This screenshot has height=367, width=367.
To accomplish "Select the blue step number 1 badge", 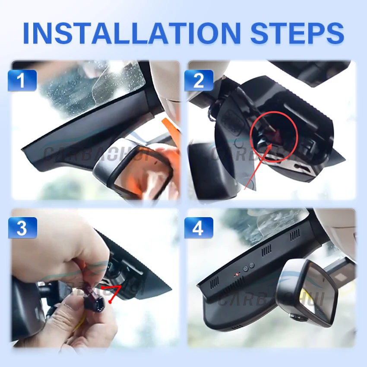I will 22,80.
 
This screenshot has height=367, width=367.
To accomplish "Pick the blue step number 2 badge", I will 199,80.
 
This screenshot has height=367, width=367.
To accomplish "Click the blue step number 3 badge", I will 22,228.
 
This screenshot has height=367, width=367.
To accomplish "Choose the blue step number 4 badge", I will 199,228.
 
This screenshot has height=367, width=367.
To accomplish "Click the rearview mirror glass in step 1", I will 138,173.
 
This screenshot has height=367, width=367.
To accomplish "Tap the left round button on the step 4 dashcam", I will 245,269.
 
